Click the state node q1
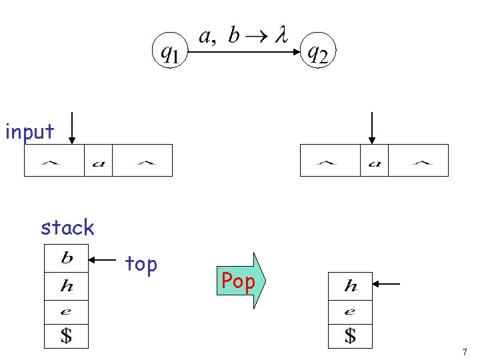[169, 51]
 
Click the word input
[29, 132]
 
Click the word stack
[67, 228]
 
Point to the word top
[141, 265]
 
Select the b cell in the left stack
[67, 258]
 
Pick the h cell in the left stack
[67, 287]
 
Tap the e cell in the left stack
[67, 311]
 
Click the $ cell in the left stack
[67, 335]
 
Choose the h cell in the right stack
[350, 287]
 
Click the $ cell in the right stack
[350, 335]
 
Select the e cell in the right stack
[350, 311]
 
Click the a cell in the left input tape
[98, 161]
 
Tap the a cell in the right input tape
[374, 161]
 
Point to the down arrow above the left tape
[71, 128]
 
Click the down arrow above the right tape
[372, 128]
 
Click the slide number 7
[465, 351]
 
